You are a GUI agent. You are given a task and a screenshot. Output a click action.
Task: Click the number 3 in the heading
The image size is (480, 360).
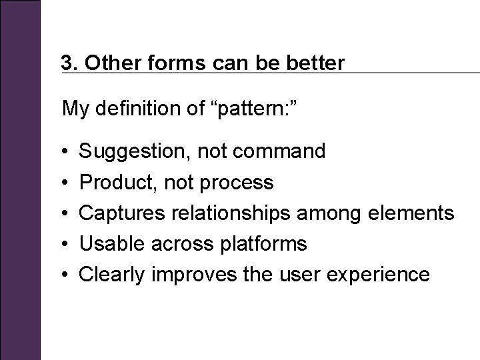(x=65, y=63)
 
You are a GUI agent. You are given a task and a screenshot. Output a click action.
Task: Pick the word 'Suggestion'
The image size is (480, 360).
(x=133, y=151)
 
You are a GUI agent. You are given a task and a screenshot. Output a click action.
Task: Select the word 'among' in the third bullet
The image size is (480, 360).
(x=331, y=213)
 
